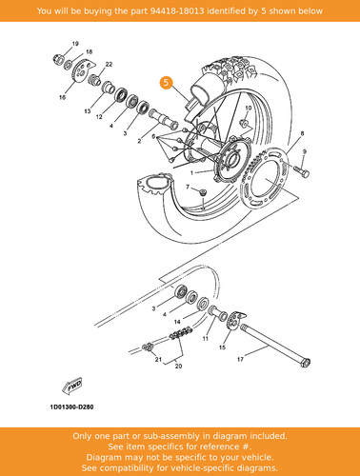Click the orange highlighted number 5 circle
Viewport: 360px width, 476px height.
tap(166, 83)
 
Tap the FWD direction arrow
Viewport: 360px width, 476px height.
tap(72, 386)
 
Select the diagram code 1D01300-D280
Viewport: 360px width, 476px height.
tap(71, 407)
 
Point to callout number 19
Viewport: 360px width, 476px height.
tap(75, 44)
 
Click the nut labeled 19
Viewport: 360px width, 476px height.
tap(58, 59)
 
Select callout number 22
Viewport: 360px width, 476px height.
tap(109, 64)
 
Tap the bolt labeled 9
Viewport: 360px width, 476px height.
tap(301, 171)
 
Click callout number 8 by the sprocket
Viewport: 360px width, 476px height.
tap(302, 133)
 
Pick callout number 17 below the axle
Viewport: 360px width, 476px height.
tap(240, 359)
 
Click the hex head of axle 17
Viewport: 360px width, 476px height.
tap(306, 363)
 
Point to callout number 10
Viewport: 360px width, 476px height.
tap(249, 108)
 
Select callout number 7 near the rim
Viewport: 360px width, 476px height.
tap(188, 187)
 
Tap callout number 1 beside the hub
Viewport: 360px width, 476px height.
tap(191, 173)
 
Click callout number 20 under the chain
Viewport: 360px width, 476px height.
tap(179, 367)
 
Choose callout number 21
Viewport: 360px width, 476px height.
tap(158, 360)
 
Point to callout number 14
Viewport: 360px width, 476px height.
tap(177, 322)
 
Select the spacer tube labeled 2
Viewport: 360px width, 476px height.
tap(163, 118)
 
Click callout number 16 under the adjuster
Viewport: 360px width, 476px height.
tap(62, 97)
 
